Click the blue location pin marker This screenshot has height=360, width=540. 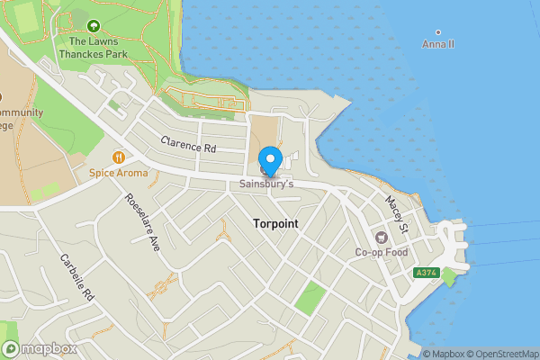pos(271,159)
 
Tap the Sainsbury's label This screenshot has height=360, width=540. pos(266,184)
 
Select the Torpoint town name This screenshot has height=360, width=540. pos(275,222)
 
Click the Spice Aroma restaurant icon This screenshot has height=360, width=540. pos(117,157)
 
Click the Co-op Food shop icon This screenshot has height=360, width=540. pos(381,237)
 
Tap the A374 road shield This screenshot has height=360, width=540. pos(425,273)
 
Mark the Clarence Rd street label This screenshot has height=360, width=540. pos(189,144)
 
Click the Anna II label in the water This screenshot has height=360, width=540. pos(438,43)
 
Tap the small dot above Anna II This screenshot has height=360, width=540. pos(438,32)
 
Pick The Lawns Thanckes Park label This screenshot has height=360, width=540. pos(93,47)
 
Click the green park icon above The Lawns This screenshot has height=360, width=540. pos(94,24)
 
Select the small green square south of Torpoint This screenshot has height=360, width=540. pos(310,296)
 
